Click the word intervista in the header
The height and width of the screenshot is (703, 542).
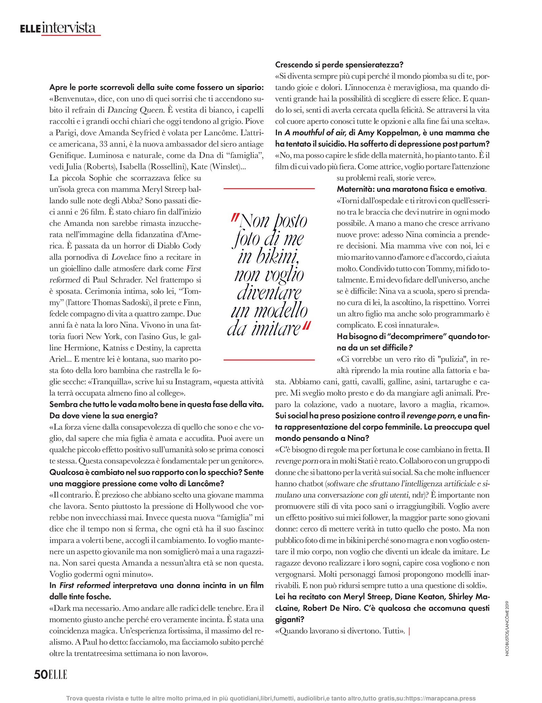69,28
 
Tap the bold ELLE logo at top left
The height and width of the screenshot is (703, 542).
30,29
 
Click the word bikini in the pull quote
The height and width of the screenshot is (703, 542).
268,257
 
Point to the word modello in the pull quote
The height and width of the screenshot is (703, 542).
269,311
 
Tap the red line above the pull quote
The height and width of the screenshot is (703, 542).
269,188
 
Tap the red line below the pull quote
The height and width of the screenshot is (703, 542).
269,359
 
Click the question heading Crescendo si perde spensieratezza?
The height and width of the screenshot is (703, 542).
339,64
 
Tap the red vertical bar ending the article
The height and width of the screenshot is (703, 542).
410,631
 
